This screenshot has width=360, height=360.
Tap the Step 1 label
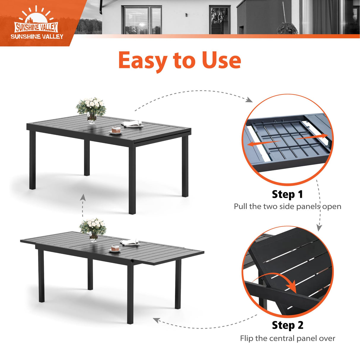coord(287,195)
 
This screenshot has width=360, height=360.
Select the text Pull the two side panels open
coord(288,206)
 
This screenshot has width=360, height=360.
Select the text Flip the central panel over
coord(288,338)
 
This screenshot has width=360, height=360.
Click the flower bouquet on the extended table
coord(93,230)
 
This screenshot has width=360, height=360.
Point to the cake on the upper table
coord(116,130)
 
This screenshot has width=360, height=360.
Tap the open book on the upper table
coord(132,124)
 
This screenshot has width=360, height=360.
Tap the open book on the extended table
coord(130,243)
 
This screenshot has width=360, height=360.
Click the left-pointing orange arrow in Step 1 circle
coord(263,143)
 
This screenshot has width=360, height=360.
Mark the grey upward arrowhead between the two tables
coord(83,197)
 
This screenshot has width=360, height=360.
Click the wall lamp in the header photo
coord(187,15)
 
